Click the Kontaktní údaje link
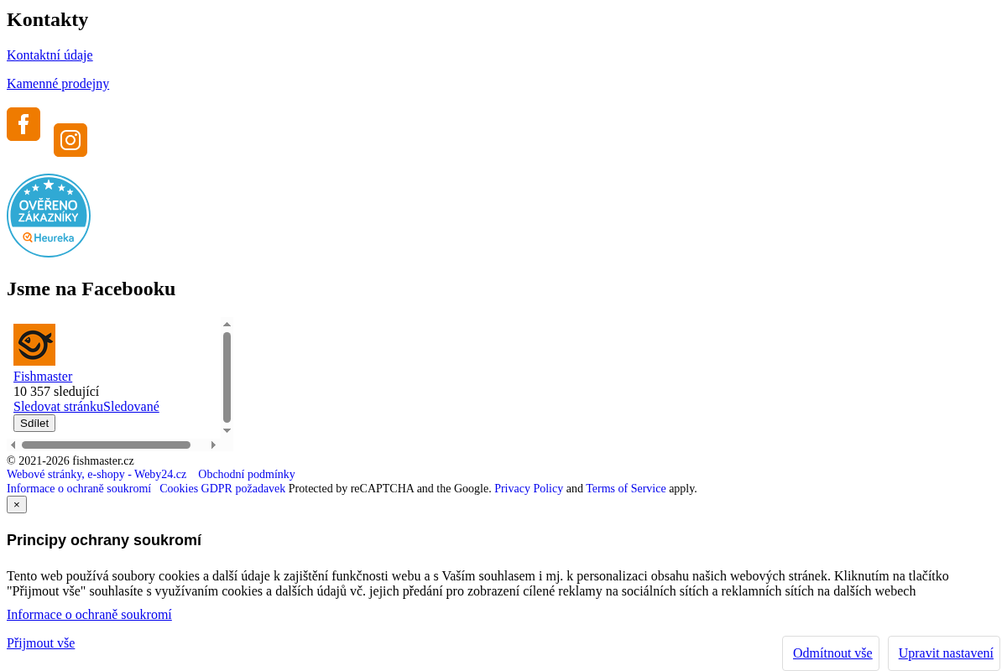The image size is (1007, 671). pos(50,55)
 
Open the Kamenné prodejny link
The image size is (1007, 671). pos(58,84)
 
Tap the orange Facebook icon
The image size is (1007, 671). pos(23,124)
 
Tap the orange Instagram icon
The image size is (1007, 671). pos(70,140)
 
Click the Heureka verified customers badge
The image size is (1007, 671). pos(49,216)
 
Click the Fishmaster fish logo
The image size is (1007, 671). pos(34,345)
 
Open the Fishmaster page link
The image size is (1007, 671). pos(43,376)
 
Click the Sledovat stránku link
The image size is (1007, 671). pos(59,406)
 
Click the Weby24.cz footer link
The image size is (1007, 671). pos(97,474)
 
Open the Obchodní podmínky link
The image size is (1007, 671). pos(247,474)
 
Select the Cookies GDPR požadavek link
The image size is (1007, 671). pos(222,488)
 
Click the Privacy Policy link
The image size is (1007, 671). pos(529,488)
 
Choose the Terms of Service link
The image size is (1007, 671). pos(626,488)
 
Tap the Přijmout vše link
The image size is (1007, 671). pos(40,643)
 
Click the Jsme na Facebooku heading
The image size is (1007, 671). pos(91,289)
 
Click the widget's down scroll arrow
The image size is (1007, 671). pos(227,430)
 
